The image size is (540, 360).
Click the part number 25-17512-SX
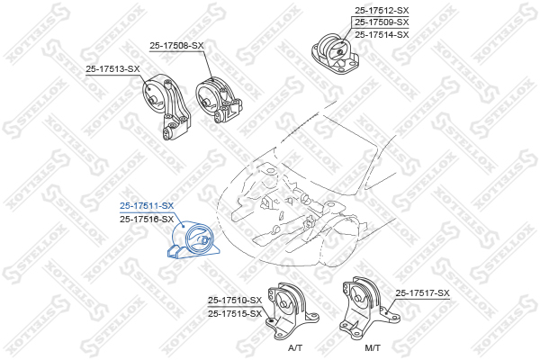pyautogui.click(x=382, y=10)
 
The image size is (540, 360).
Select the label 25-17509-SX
pyautogui.click(x=382, y=22)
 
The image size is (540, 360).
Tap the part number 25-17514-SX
pyautogui.click(x=382, y=35)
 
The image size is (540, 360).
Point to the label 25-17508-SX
pyautogui.click(x=176, y=46)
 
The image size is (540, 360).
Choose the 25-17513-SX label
pyautogui.click(x=113, y=69)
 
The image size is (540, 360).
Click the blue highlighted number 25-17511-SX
pyautogui.click(x=147, y=206)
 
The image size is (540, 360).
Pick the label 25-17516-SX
pyautogui.click(x=147, y=219)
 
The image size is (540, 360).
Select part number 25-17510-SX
pyautogui.click(x=235, y=301)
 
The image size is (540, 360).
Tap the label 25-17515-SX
pyautogui.click(x=235, y=314)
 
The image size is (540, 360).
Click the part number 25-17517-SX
pyautogui.click(x=423, y=293)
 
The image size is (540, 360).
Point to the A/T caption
pyautogui.click(x=295, y=348)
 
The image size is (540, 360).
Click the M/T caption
pyautogui.click(x=373, y=348)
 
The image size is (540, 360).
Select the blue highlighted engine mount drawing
pyautogui.click(x=193, y=240)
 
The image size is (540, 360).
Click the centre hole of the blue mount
pyautogui.click(x=204, y=240)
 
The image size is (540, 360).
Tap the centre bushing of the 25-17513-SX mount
pyautogui.click(x=153, y=101)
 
